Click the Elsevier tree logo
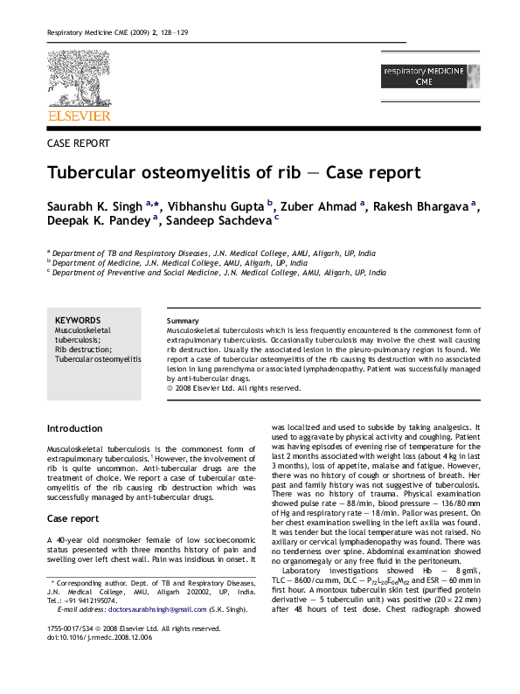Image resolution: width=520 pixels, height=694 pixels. click(79, 78)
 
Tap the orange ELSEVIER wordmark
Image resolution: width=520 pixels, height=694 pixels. click(79, 115)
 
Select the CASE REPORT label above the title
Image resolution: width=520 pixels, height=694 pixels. click(78, 142)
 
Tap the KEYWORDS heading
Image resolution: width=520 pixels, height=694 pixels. click(77, 320)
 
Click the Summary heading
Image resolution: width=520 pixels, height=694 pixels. click(182, 321)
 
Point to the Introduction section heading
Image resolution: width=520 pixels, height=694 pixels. click(74, 429)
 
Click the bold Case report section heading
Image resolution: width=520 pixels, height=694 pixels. click(73, 518)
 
